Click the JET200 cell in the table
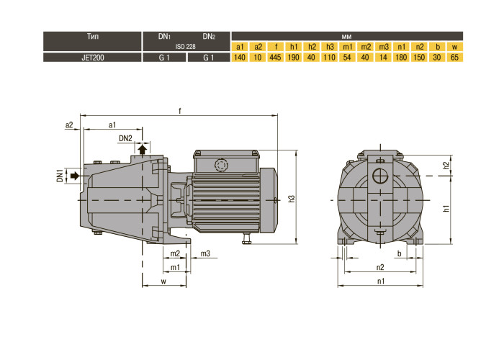93,58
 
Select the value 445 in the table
275,58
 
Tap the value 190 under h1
294,58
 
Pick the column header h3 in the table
330,47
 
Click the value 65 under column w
454,58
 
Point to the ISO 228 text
186,47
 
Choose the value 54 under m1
347,58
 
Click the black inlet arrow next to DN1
75,176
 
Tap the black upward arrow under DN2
143,149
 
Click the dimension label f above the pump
180,111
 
